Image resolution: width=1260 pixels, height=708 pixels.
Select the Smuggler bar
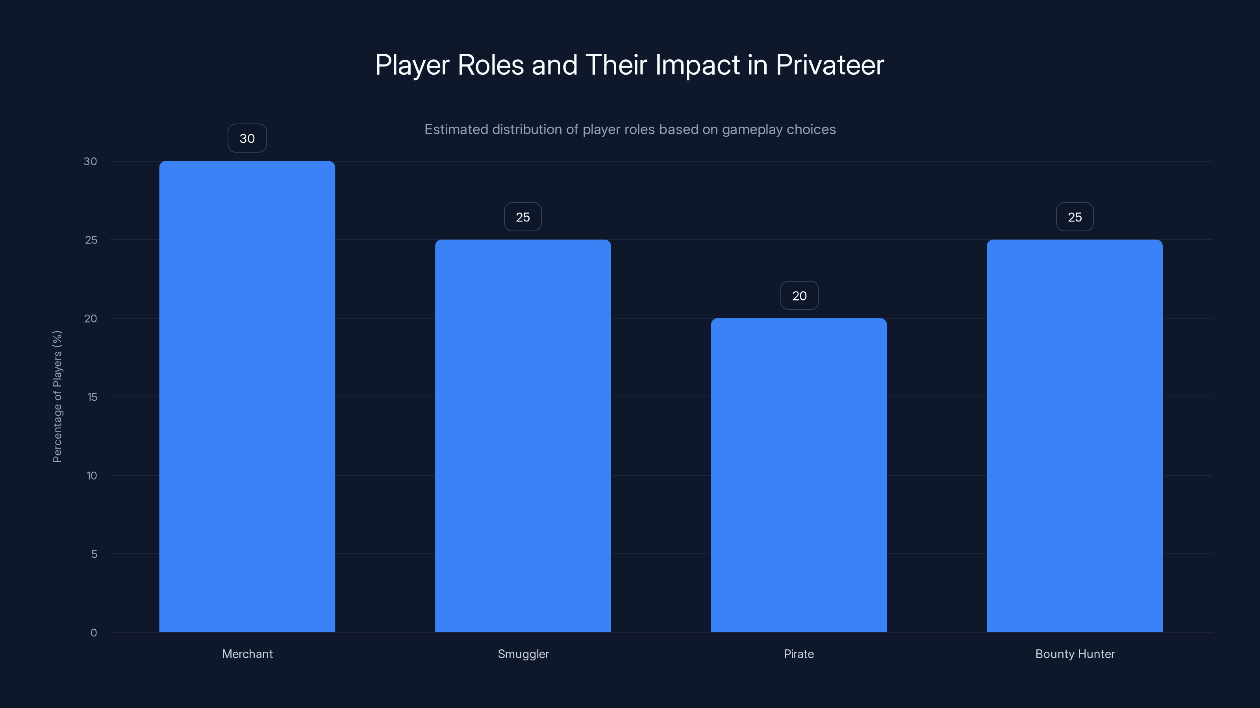pos(523,435)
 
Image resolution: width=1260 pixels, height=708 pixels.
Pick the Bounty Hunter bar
pos(1075,435)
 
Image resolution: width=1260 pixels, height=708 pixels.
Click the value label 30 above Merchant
pos(247,138)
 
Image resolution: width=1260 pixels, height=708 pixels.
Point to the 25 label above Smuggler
pos(523,217)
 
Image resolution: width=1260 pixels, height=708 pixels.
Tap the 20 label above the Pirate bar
pos(799,296)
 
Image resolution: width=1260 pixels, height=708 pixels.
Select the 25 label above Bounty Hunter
pos(1075,217)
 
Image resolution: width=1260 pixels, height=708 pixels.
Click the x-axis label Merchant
pos(247,654)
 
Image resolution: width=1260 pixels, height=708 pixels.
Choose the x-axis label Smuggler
pos(523,654)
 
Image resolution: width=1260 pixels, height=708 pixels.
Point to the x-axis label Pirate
pos(799,654)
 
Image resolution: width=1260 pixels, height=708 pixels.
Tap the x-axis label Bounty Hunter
pos(1075,654)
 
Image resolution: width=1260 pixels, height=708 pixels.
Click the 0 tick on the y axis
pos(93,633)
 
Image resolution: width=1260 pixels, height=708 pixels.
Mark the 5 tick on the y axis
pos(94,554)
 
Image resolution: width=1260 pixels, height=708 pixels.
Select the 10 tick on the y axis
pos(91,476)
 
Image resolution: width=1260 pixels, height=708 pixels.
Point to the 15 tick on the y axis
pos(92,397)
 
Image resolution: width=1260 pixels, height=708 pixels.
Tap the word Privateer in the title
pos(830,65)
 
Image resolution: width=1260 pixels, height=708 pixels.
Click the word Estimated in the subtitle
pos(456,129)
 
